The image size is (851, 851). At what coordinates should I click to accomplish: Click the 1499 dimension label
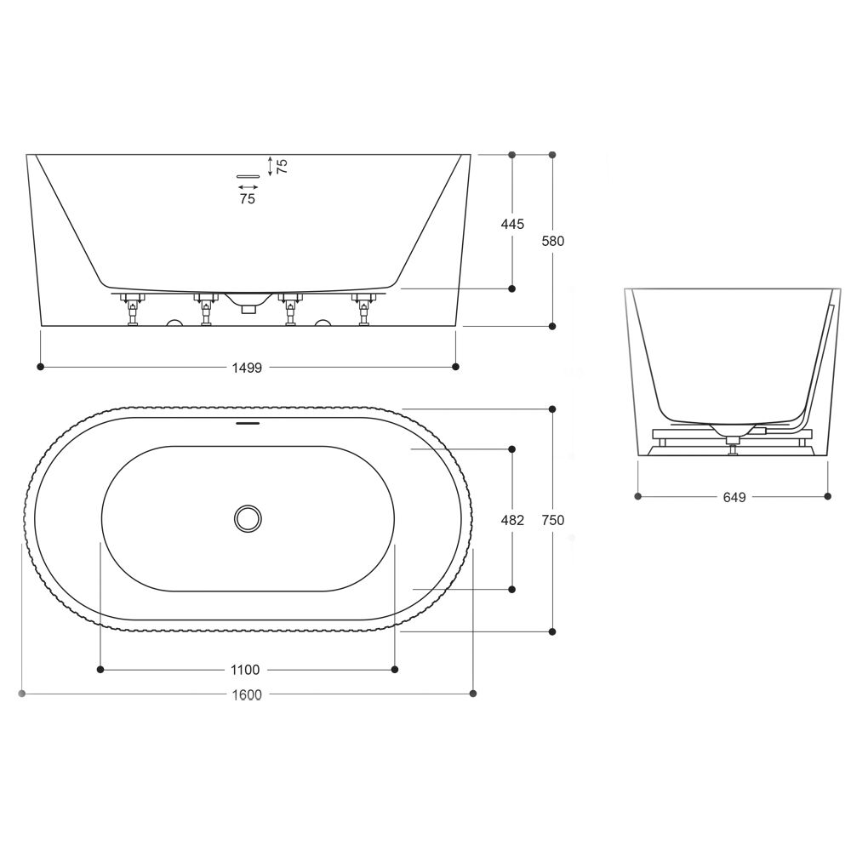tap(247, 368)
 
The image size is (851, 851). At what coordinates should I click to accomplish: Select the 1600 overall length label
tap(247, 694)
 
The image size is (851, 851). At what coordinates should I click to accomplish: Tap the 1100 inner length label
tap(245, 670)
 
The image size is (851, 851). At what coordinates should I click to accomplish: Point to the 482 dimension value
tap(512, 520)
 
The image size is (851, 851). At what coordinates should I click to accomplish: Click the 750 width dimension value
tap(553, 520)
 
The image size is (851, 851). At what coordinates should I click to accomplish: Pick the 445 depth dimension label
tap(512, 224)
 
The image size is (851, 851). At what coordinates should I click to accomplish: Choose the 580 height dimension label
tap(553, 241)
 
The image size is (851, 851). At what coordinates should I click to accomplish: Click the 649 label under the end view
tap(734, 497)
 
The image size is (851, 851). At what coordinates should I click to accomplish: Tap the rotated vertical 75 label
tap(282, 166)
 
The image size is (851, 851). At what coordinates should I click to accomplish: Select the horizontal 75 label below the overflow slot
tap(248, 199)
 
